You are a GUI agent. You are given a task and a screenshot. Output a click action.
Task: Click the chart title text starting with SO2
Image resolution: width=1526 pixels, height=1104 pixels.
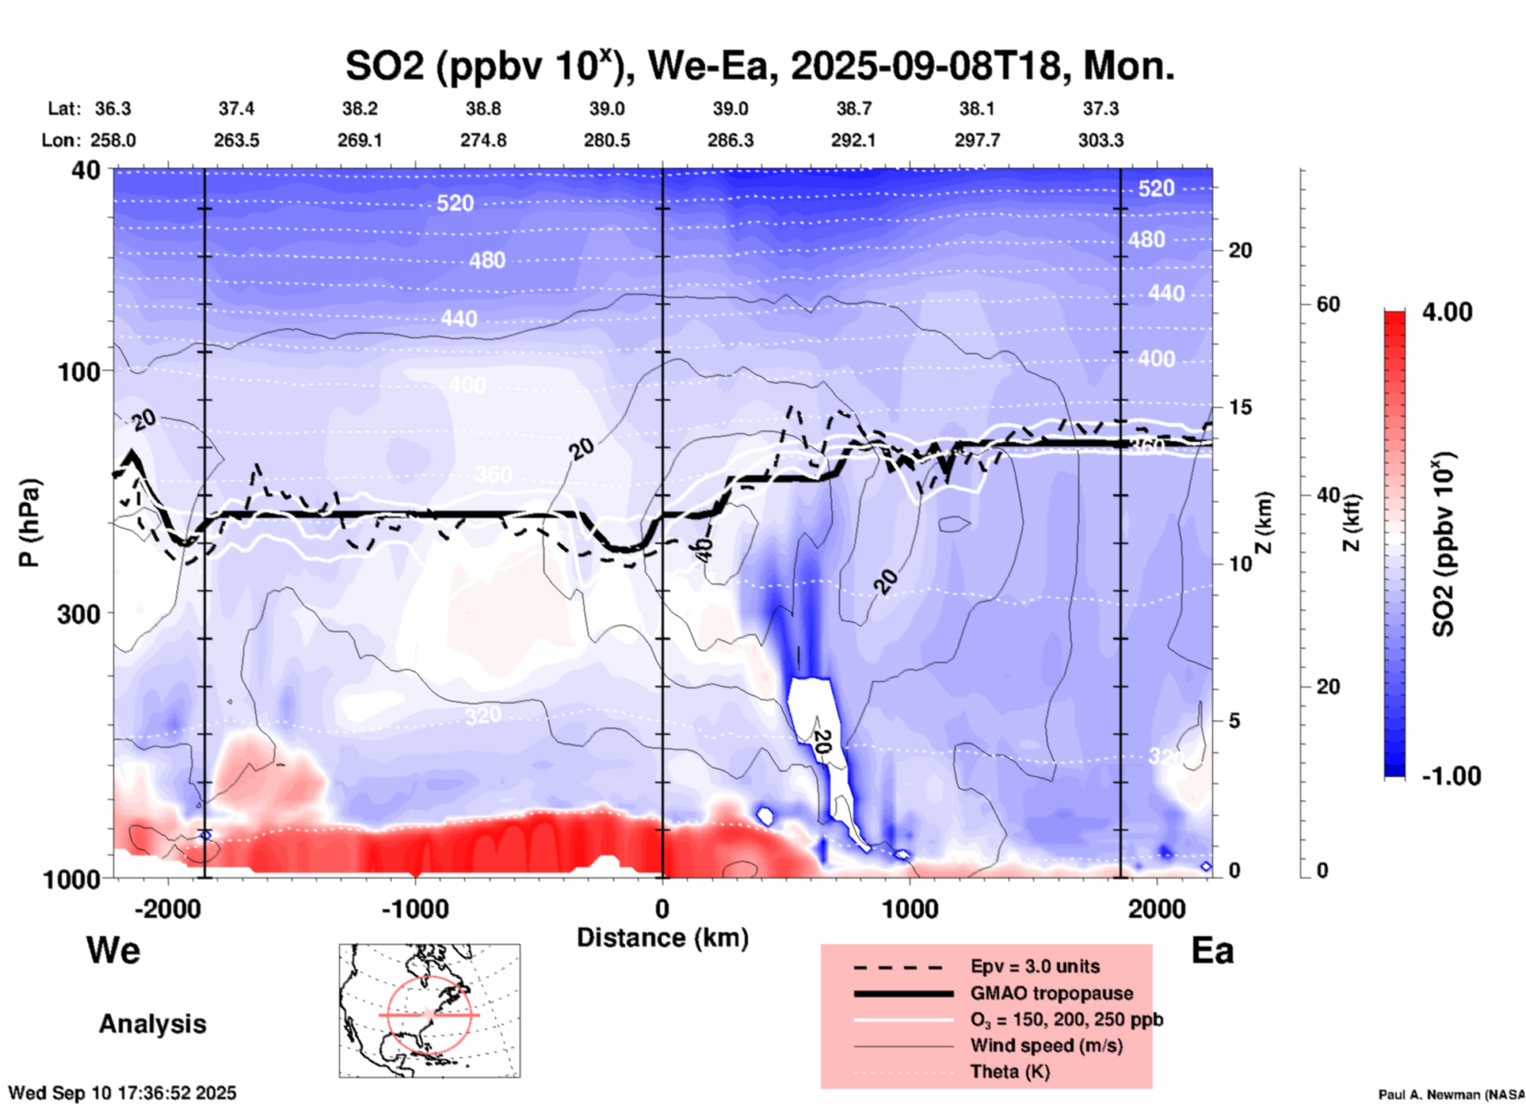click(759, 66)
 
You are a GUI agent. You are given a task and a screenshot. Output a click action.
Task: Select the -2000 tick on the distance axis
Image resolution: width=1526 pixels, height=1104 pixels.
click(167, 908)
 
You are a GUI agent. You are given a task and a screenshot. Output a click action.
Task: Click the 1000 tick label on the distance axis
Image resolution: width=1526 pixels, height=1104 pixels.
click(910, 908)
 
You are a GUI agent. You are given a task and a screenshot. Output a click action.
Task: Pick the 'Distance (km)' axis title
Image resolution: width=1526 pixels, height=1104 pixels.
click(662, 938)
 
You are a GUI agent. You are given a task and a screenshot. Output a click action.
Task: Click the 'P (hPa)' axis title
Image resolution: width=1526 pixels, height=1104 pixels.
click(29, 523)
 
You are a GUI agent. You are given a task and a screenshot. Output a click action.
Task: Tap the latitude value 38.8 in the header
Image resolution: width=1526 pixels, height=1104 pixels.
click(483, 108)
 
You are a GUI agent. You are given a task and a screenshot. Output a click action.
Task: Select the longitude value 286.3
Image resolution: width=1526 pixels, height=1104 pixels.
click(730, 140)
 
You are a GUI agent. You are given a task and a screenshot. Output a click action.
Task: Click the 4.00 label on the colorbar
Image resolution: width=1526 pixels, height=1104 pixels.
click(1447, 311)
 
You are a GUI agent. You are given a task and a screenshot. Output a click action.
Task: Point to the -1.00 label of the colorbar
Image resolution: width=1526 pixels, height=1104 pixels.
click(1451, 775)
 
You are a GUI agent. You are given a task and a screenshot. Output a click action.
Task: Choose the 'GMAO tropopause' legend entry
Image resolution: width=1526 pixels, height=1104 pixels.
click(1051, 993)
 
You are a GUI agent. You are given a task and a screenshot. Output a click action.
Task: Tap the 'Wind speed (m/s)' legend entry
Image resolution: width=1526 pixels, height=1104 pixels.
click(1046, 1045)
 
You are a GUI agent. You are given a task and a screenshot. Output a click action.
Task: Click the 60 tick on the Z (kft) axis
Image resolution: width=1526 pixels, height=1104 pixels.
click(1328, 304)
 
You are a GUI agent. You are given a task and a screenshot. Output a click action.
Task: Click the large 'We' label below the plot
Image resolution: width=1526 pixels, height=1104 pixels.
click(113, 950)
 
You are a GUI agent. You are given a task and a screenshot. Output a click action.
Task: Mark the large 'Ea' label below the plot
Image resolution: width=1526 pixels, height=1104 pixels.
click(1212, 950)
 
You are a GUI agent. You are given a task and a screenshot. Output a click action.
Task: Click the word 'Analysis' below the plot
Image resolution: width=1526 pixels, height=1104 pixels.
click(152, 1024)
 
